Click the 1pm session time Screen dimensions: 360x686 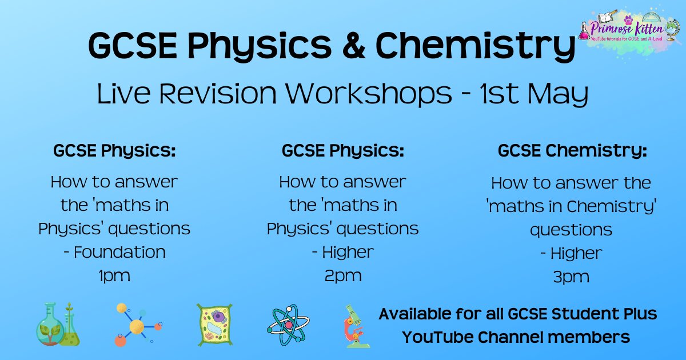coord(114,275)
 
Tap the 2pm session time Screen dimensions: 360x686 coord(342,275)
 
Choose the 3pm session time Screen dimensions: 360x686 coord(571,277)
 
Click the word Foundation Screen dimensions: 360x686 coord(119,252)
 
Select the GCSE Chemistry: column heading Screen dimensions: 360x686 coord(572,151)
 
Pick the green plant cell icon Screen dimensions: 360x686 coord(214,324)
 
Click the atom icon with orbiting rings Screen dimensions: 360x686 coord(288,324)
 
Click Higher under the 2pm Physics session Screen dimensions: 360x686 coord(348,252)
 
